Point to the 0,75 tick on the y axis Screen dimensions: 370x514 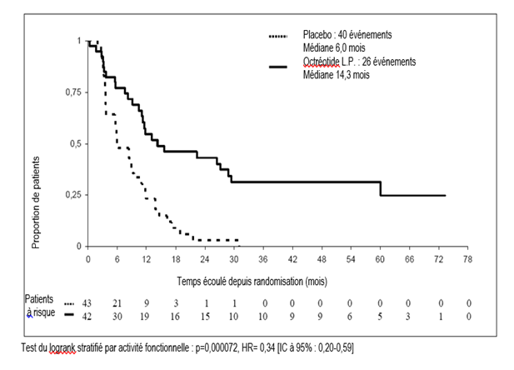click(72, 92)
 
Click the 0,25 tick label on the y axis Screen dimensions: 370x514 click(72, 195)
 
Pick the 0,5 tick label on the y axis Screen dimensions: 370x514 click(75, 143)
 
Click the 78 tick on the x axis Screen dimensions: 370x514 click(468, 259)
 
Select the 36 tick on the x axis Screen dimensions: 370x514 click(262, 259)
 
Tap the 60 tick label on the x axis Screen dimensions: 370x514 click(380, 259)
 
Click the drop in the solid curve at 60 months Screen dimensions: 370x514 click(382, 188)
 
